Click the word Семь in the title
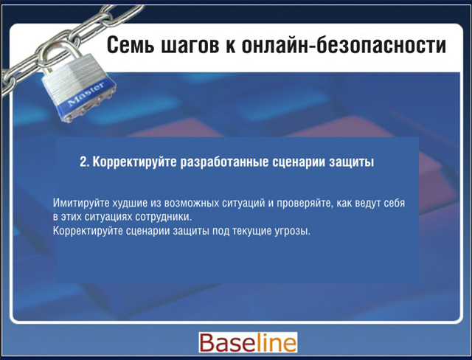pos(130,45)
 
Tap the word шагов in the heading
pos(190,46)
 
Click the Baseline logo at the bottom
pos(248,342)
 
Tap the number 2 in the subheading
pos(83,162)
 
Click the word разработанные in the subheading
pos(224,162)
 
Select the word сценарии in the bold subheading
pos(299,162)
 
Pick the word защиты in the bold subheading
pos(351,163)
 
